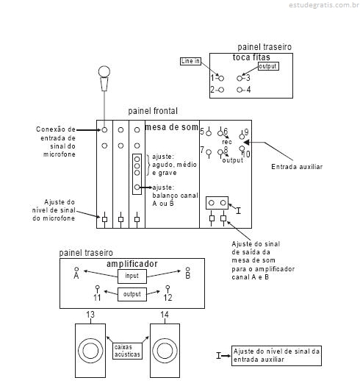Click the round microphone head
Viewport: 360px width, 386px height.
pyautogui.click(x=104, y=71)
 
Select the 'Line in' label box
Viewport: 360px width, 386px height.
pyautogui.click(x=190, y=61)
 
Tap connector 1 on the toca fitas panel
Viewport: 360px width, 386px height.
pyautogui.click(x=221, y=78)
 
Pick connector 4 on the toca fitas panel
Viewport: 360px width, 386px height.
pyautogui.click(x=240, y=90)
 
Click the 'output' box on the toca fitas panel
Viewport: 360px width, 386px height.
pyautogui.click(x=268, y=66)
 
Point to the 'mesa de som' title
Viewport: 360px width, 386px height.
pyautogui.click(x=172, y=127)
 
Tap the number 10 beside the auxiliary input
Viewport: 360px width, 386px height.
pyautogui.click(x=246, y=154)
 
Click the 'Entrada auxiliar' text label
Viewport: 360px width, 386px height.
pyautogui.click(x=297, y=167)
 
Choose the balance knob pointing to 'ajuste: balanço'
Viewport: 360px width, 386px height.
pyautogui.click(x=137, y=187)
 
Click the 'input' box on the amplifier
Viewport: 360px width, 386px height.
pyautogui.click(x=132, y=276)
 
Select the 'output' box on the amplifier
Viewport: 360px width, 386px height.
pyautogui.click(x=132, y=294)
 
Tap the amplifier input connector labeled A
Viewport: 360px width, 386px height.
pyautogui.click(x=76, y=269)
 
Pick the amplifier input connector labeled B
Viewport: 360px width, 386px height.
pyautogui.click(x=188, y=269)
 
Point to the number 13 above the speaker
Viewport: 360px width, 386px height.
pyautogui.click(x=90, y=315)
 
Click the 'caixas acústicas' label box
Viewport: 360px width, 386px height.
pyautogui.click(x=127, y=351)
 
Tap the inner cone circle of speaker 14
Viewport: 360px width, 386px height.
pyautogui.click(x=165, y=351)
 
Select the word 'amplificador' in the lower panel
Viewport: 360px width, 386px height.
pyautogui.click(x=132, y=264)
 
